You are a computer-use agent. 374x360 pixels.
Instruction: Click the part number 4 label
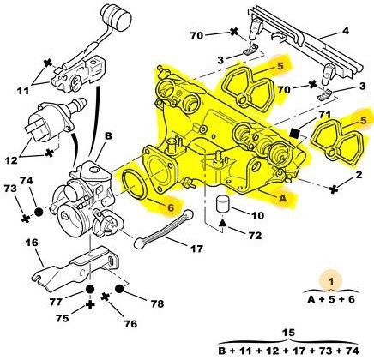[x=346, y=31]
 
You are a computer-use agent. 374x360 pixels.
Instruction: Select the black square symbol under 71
[x=293, y=133]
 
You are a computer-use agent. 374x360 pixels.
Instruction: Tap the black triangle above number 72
[x=222, y=223]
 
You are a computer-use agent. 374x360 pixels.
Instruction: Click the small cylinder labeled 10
[x=222, y=204]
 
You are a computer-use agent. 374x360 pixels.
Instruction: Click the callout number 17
[x=196, y=249]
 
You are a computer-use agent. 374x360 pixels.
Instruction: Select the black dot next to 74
[x=39, y=212]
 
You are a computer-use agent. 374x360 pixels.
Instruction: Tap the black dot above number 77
[x=90, y=289]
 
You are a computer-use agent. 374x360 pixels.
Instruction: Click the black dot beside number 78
[x=119, y=289]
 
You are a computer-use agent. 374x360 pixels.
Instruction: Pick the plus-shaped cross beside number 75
[x=90, y=305]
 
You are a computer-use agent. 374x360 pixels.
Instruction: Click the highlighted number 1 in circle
[x=331, y=281]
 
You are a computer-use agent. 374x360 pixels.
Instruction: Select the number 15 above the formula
[x=288, y=333]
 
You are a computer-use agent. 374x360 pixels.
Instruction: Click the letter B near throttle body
[x=108, y=136]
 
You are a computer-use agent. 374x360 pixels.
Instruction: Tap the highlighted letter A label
[x=282, y=198]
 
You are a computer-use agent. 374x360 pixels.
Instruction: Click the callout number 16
[x=32, y=243]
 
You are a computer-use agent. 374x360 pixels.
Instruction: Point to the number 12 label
[x=11, y=160]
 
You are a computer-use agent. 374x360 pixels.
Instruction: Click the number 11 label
[x=23, y=91]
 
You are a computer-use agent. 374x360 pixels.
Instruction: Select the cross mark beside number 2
[x=333, y=189]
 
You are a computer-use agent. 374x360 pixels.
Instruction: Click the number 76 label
[x=130, y=324]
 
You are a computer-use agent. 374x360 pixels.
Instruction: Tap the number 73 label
[x=10, y=189]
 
